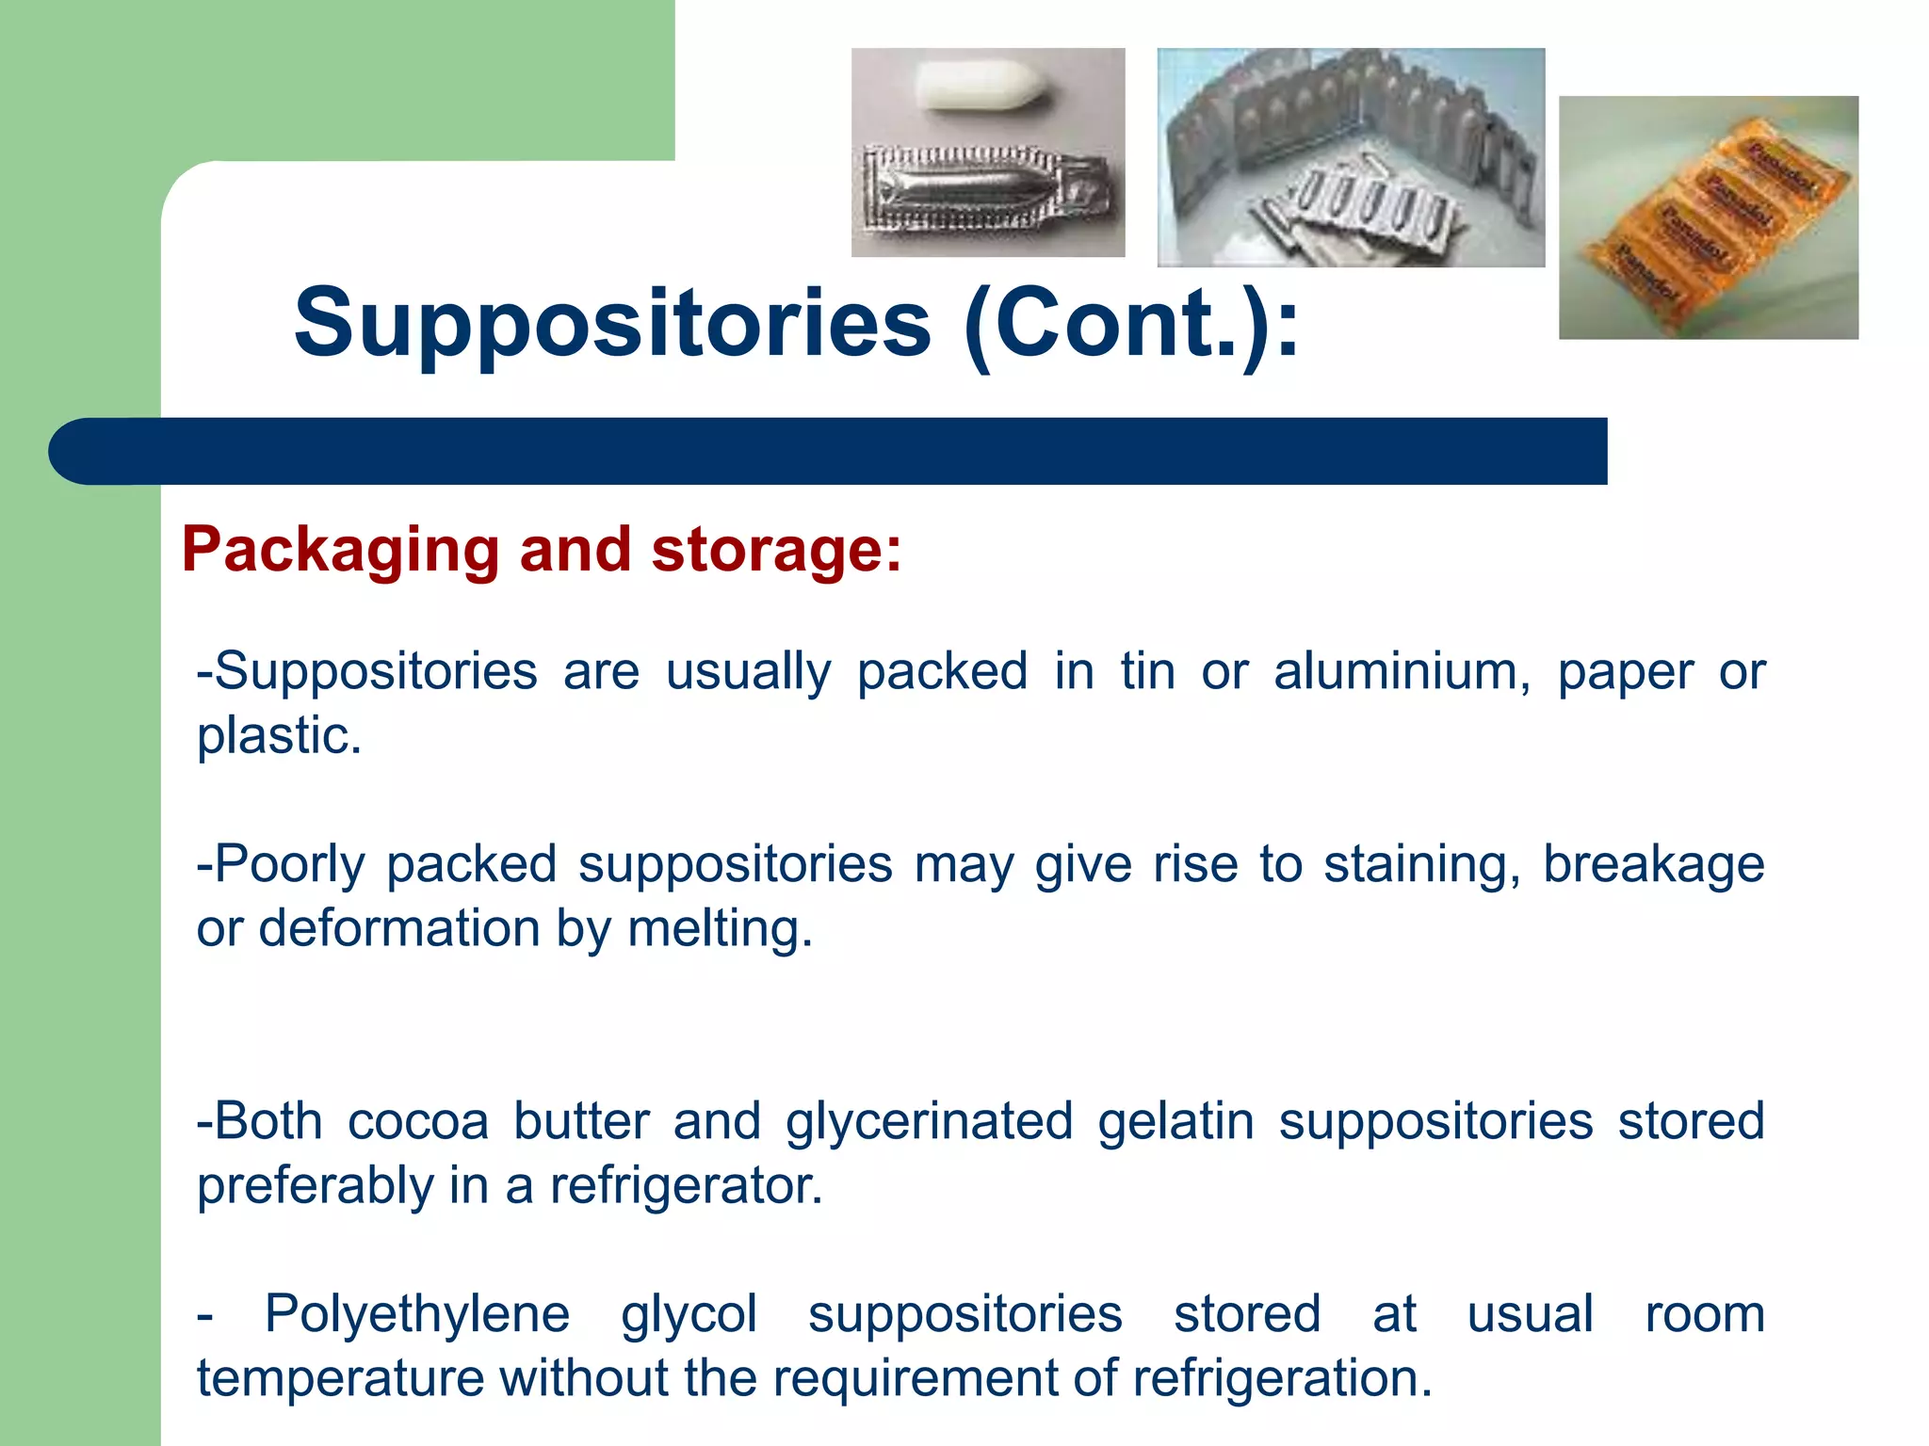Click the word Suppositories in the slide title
click(x=612, y=325)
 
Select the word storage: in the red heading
click(x=776, y=551)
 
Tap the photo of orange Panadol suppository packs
click(x=1708, y=217)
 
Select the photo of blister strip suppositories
click(x=1350, y=157)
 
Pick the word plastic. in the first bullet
click(x=279, y=736)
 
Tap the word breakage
click(x=1653, y=865)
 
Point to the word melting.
click(x=720, y=929)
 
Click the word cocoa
click(x=418, y=1122)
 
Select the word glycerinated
click(x=929, y=1122)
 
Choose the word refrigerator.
click(x=687, y=1186)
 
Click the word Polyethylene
click(x=417, y=1315)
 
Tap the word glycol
click(x=689, y=1315)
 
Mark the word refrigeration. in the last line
click(x=1282, y=1379)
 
